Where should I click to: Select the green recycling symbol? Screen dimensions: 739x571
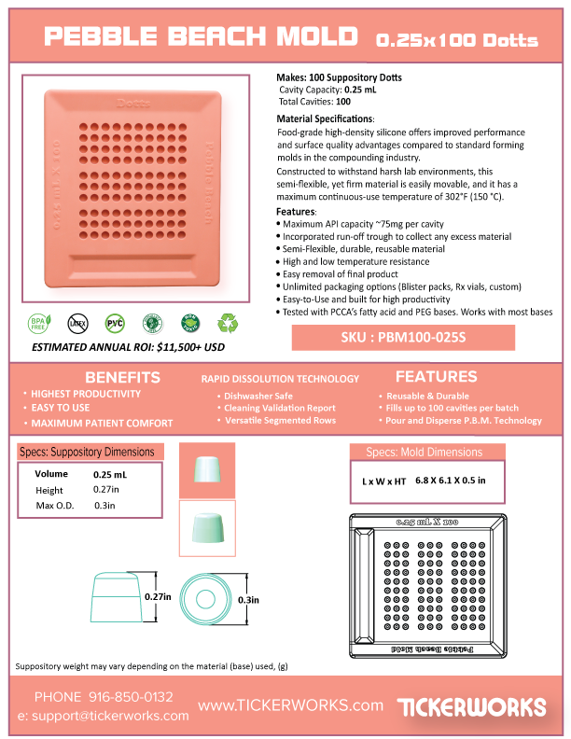(x=227, y=324)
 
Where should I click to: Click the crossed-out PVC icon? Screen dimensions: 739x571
(x=115, y=324)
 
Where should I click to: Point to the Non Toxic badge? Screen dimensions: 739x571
(x=189, y=324)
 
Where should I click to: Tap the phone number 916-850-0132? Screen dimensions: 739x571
(x=131, y=697)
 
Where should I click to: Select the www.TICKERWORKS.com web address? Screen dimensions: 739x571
(x=291, y=704)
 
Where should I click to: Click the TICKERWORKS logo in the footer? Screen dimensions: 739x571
(x=471, y=705)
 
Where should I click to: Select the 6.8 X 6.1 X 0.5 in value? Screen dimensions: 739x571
(x=450, y=481)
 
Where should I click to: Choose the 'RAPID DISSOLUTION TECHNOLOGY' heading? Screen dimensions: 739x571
(x=280, y=379)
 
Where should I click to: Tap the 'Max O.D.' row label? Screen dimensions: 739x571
(x=52, y=506)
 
